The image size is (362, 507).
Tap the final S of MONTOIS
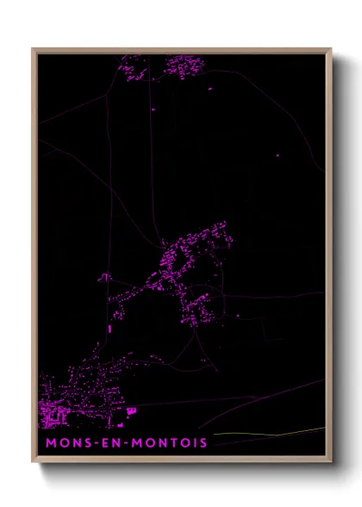coord(203,443)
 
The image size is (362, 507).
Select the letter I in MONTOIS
coord(196,443)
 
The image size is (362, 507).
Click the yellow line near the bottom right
coord(267,431)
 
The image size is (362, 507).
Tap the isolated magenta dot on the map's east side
coord(278,155)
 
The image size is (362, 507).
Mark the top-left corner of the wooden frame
coord(33,49)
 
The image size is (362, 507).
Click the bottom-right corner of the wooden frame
coord(331,462)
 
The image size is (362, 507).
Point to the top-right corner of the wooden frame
coord(331,49)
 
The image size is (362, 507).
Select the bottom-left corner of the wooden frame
coord(33,462)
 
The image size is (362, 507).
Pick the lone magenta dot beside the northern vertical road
coord(153,110)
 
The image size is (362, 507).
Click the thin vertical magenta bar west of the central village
coord(110,329)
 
